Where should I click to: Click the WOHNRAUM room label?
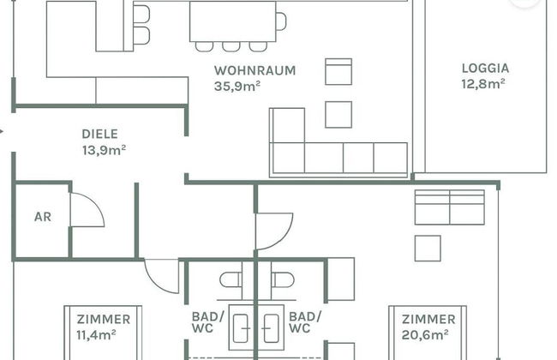tap(255, 70)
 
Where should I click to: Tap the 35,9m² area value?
tap(237, 86)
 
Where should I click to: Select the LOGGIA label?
tap(485, 69)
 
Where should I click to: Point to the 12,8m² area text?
tap(483, 84)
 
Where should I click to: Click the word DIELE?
tap(99, 134)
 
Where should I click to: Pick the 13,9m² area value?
tap(104, 150)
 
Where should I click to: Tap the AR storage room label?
tap(43, 217)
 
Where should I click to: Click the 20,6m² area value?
tap(425, 335)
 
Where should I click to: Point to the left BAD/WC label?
tap(208, 322)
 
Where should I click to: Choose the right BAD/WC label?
tap(305, 322)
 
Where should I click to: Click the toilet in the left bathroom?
tap(231, 280)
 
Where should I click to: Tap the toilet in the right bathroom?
tap(283, 280)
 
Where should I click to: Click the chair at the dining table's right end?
tap(281, 21)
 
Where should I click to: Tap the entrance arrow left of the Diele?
tap(2, 131)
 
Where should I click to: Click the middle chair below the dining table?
tap(231, 46)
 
